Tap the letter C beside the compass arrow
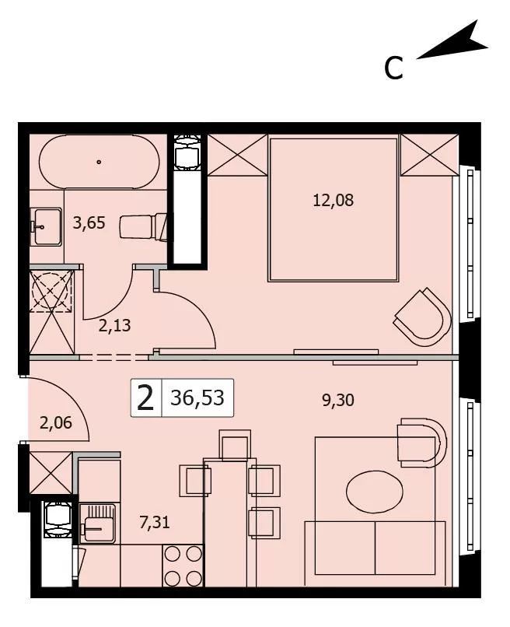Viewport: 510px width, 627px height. point(393,68)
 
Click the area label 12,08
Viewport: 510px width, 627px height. point(333,200)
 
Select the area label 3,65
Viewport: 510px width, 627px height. point(89,222)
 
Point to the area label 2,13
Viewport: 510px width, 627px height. point(115,325)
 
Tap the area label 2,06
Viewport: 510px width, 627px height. point(56,422)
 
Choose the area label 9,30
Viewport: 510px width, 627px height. point(338,400)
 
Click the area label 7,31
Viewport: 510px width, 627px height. point(155,522)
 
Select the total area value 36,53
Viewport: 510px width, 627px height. point(197,398)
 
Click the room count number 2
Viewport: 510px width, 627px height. point(145,398)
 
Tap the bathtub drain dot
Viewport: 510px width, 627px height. point(99,162)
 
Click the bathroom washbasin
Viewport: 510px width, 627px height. point(46,226)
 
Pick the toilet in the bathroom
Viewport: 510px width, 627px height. point(144,227)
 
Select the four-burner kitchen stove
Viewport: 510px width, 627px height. point(183,566)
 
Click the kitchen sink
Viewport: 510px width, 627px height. point(98,524)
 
